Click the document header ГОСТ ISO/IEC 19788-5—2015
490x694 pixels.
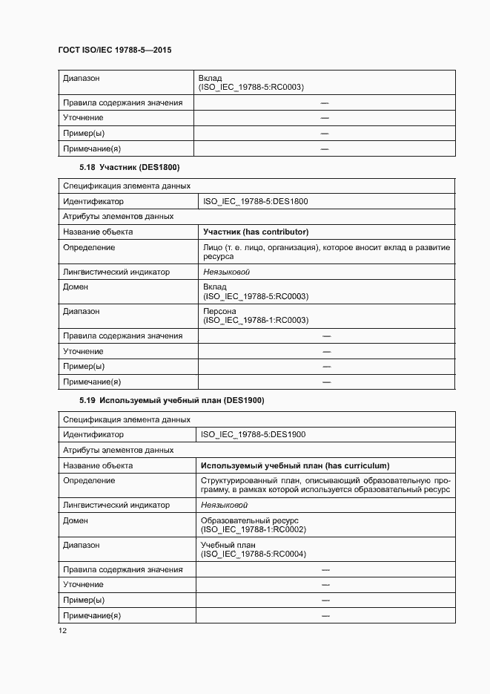pos(115,50)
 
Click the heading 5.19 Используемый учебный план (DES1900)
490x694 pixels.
pos(172,401)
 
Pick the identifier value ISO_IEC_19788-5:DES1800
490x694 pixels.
pos(255,201)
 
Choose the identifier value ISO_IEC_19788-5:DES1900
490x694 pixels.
pos(254,434)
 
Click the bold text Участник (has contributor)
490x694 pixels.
pos(256,232)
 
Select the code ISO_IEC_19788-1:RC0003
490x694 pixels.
pos(256,321)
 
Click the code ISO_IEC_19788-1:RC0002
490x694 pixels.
pos(254,529)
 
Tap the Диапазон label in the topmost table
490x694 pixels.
pos(82,78)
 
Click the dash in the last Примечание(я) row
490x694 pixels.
pos(324,615)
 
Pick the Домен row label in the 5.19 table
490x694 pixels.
pos(76,520)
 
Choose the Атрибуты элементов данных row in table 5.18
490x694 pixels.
pos(119,216)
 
